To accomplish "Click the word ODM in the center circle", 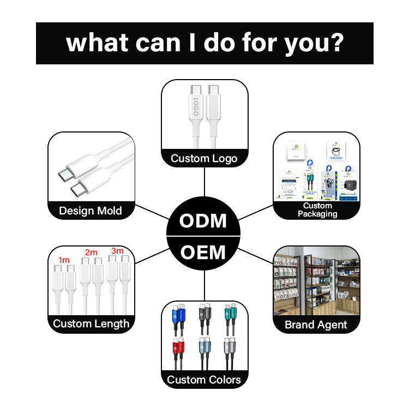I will click(x=203, y=221).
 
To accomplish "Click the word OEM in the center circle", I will click(x=203, y=252).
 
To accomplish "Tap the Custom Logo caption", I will click(x=204, y=159).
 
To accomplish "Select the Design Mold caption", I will click(x=91, y=210).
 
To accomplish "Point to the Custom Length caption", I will click(x=91, y=323).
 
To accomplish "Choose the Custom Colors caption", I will click(x=204, y=380).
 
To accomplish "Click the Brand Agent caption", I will click(x=316, y=325).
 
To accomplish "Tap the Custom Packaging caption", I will click(x=317, y=210).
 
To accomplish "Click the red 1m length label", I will click(x=64, y=260).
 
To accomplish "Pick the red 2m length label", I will click(x=91, y=252).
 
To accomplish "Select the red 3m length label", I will click(x=117, y=251).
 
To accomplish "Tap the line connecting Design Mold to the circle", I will click(x=152, y=213).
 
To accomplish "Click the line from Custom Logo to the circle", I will click(x=204, y=183).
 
